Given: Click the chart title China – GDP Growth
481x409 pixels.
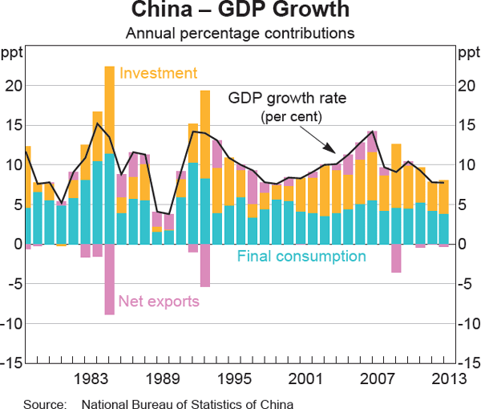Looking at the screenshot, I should (x=240, y=11).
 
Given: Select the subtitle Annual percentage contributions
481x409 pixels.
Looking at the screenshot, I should (x=240, y=34).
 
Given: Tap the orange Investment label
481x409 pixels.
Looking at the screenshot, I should (x=158, y=74).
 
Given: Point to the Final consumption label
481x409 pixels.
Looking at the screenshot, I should (x=301, y=257).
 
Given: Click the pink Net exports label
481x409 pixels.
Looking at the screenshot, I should (x=159, y=302).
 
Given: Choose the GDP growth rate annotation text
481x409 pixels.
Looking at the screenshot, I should (x=287, y=99).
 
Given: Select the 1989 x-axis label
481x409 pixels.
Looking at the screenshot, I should (x=168, y=379).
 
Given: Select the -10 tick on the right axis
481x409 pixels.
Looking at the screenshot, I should (x=467, y=323).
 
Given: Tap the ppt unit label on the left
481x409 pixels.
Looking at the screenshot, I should (x=12, y=54).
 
